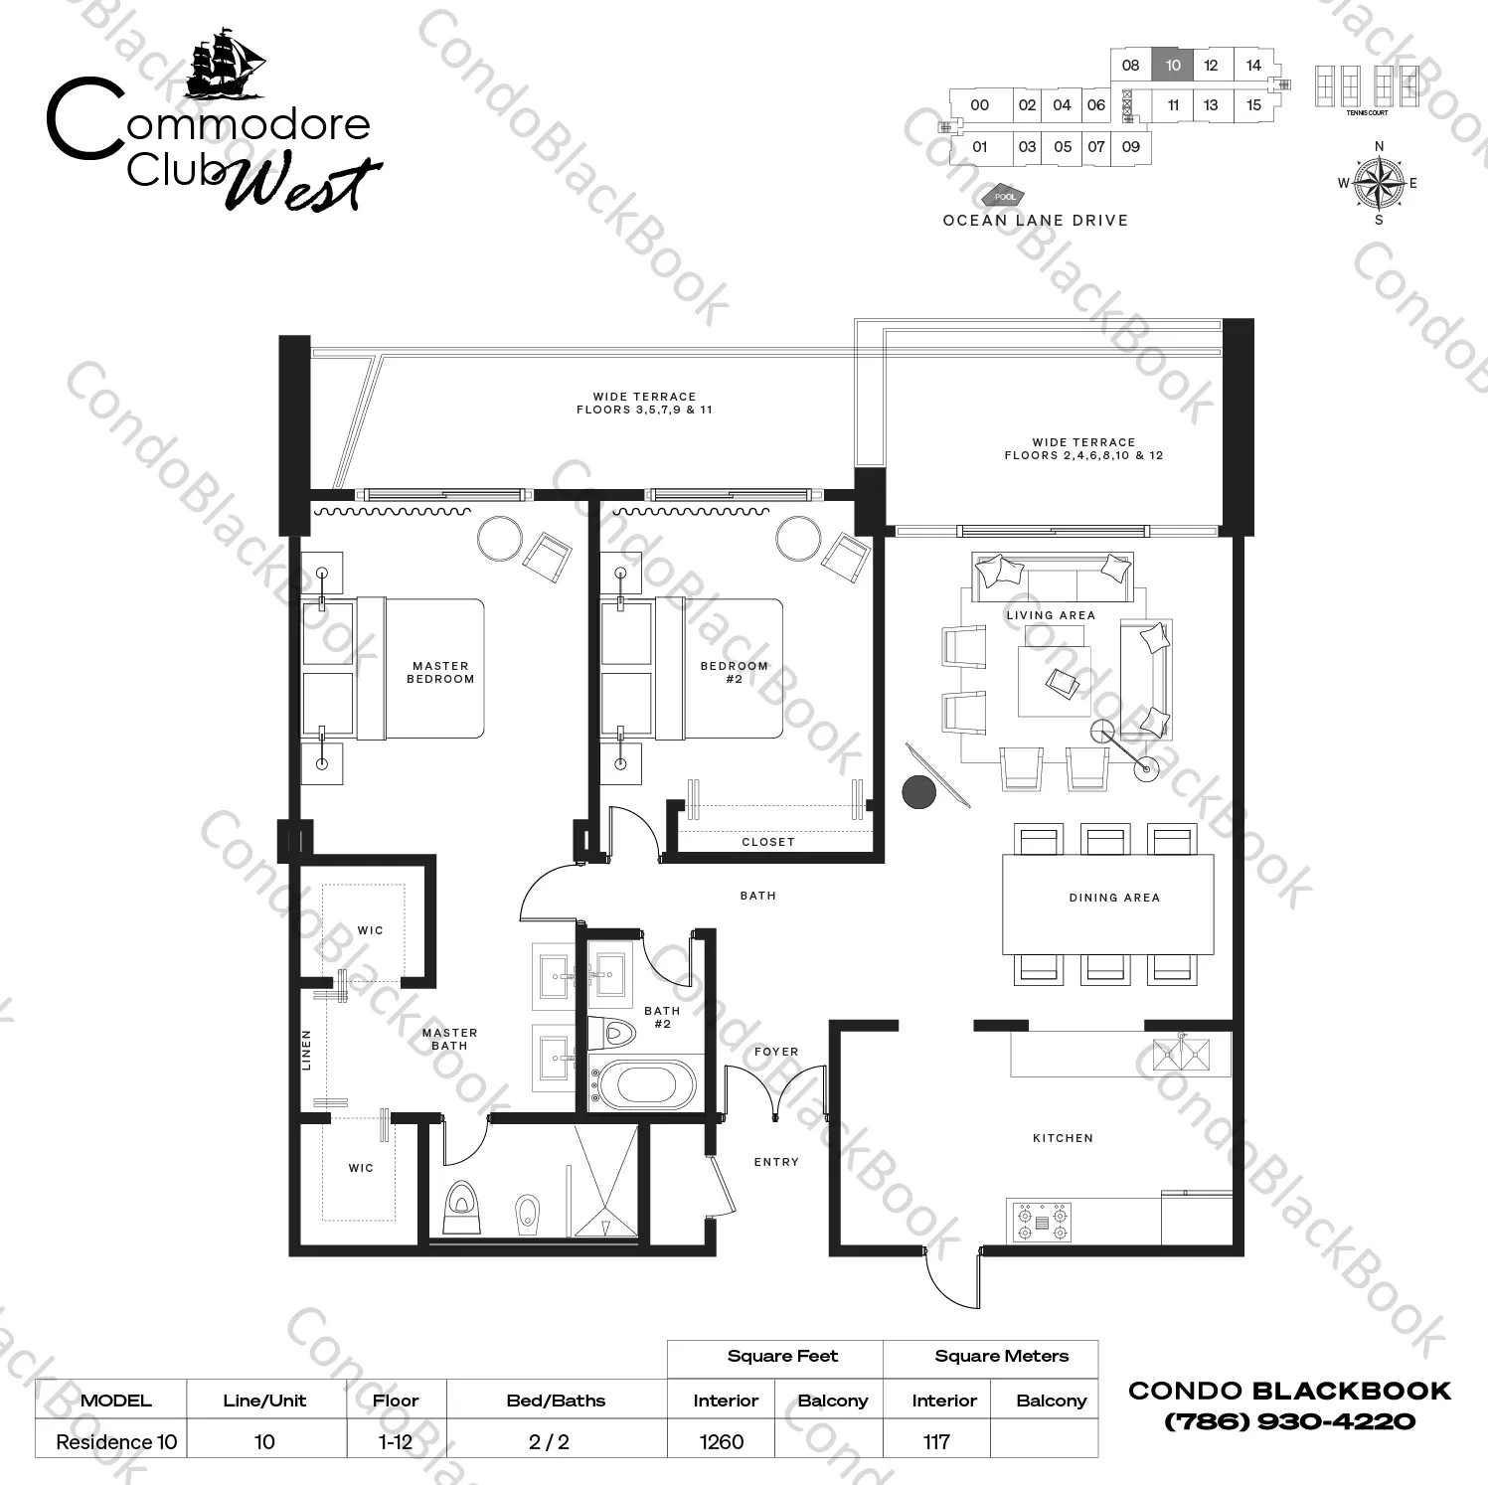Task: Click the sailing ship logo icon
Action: click(227, 66)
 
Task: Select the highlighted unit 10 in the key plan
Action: click(1173, 66)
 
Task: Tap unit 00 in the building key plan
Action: click(979, 105)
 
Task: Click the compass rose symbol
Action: click(1379, 184)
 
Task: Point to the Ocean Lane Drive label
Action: click(1035, 221)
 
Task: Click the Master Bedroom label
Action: click(440, 673)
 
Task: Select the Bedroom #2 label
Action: click(734, 673)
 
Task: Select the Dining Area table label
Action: click(1114, 898)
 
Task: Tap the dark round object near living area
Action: click(918, 792)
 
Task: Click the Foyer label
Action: click(776, 1052)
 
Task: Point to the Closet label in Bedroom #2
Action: click(768, 842)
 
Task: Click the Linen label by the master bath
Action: click(306, 1050)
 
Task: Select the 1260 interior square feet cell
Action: click(722, 1441)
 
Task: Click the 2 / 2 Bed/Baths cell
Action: click(549, 1441)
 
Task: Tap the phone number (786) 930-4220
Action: click(1289, 1421)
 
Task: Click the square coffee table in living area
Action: click(1054, 682)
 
